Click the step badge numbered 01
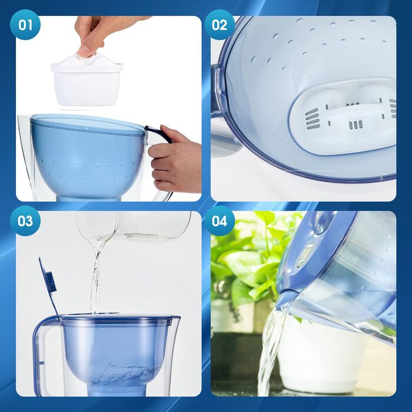(25, 25)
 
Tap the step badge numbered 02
(219, 25)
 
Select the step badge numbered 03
(25, 221)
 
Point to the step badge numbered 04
(219, 221)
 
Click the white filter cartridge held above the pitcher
(87, 80)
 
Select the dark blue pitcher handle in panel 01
(158, 133)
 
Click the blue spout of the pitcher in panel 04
(287, 298)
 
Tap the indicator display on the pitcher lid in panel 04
(306, 254)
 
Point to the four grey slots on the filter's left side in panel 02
(313, 119)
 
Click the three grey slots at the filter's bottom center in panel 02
(355, 125)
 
